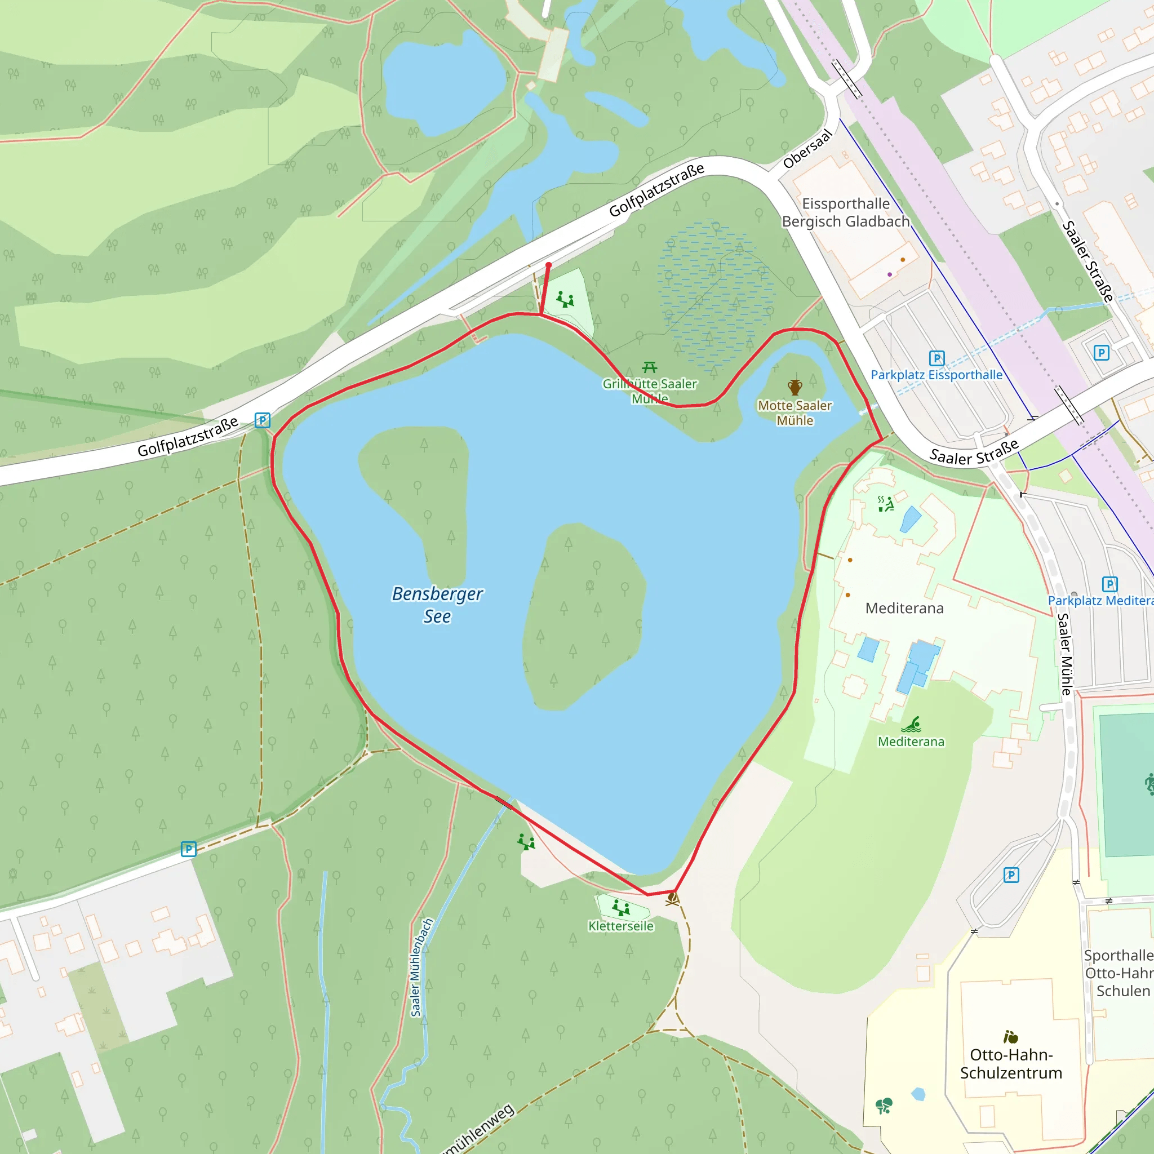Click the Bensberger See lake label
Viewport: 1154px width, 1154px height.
437,605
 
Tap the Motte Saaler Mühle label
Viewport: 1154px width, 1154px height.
795,412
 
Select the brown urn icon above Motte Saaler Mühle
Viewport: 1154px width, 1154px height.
795,387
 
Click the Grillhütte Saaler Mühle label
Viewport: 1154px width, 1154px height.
649,390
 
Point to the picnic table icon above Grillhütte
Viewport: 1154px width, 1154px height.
649,367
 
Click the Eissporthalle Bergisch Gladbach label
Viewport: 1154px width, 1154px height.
846,212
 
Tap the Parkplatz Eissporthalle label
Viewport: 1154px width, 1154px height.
936,375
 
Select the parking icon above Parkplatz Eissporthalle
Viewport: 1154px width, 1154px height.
936,358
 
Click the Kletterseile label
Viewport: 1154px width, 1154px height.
620,926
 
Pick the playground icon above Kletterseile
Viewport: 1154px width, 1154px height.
621,908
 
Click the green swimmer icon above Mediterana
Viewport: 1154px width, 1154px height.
912,725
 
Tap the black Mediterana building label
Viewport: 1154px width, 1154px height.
904,608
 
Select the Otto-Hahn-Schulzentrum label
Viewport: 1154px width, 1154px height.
1011,1063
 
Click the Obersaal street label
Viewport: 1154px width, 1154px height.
807,149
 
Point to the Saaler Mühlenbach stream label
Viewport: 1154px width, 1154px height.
421,967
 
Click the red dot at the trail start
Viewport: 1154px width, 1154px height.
548,265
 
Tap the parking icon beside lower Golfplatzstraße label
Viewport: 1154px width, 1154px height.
262,420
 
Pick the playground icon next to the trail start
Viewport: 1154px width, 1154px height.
565,299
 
